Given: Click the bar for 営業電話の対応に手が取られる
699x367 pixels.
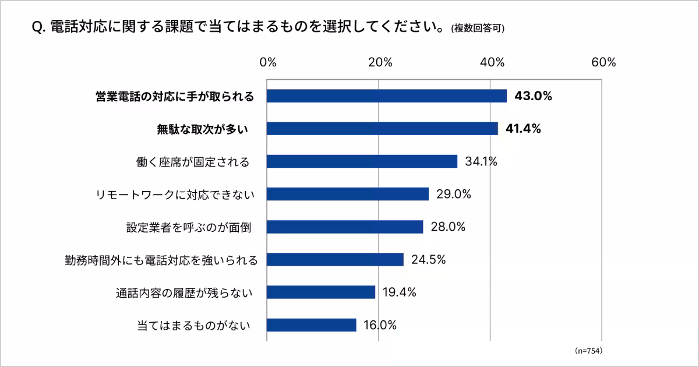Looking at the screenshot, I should click(387, 96).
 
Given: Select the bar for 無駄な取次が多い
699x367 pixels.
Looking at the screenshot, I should click(382, 129).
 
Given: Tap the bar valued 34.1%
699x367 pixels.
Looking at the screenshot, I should click(362, 161).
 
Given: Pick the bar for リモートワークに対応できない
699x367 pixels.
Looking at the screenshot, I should click(348, 194).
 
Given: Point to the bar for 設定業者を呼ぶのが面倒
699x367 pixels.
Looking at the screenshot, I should click(345, 227).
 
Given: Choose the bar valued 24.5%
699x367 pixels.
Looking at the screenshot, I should click(335, 259).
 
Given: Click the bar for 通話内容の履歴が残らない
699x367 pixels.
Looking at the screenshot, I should click(321, 292).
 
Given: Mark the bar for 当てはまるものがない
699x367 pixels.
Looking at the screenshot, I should click(312, 325).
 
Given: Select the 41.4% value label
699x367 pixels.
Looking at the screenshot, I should click(523, 129).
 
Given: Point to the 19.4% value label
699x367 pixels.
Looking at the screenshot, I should click(399, 292).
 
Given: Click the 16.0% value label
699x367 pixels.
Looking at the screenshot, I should click(380, 325).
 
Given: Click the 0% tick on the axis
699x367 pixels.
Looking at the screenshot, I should click(267, 63).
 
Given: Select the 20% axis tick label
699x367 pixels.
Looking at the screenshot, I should click(379, 63).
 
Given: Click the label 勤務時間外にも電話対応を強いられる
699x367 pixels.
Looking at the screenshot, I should click(161, 259).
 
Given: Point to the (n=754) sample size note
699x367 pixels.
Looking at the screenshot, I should click(588, 351).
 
